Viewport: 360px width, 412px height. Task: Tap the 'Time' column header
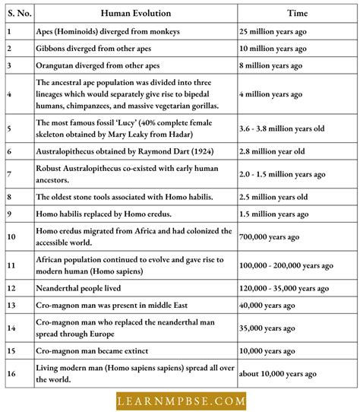tap(296, 14)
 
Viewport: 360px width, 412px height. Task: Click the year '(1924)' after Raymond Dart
tap(199, 151)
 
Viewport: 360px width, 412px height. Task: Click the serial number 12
tap(11, 288)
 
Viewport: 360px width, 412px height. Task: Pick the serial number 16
tap(11, 372)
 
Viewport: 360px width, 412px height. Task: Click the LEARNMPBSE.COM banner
tap(179, 399)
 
